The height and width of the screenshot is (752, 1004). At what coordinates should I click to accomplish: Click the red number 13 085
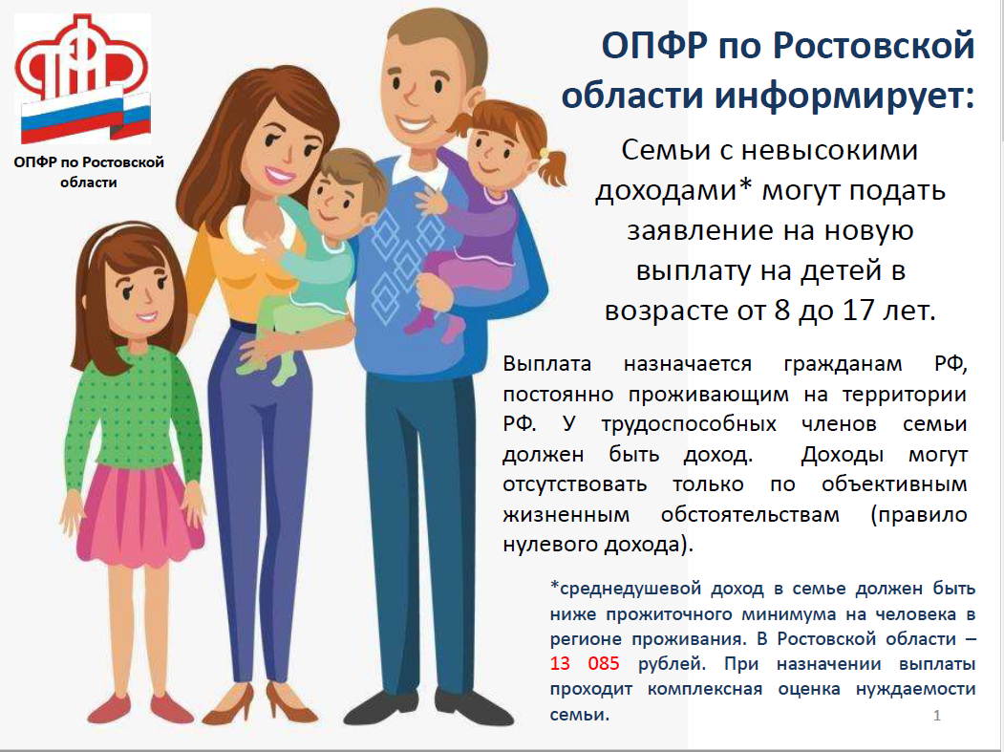(x=585, y=663)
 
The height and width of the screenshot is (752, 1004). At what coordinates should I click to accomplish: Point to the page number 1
(x=937, y=716)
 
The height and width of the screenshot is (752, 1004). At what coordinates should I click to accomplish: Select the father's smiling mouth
(x=413, y=123)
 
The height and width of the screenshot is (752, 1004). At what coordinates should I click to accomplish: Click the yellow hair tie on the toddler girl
(x=544, y=154)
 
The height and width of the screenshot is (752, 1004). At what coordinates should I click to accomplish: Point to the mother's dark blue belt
(x=244, y=326)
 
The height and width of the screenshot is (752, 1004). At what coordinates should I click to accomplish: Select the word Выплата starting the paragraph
(x=546, y=364)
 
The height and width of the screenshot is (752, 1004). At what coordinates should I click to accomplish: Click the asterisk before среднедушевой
(x=554, y=585)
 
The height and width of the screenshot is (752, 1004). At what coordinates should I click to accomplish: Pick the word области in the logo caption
(x=88, y=183)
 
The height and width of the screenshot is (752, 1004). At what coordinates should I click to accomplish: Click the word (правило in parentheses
(x=919, y=514)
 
